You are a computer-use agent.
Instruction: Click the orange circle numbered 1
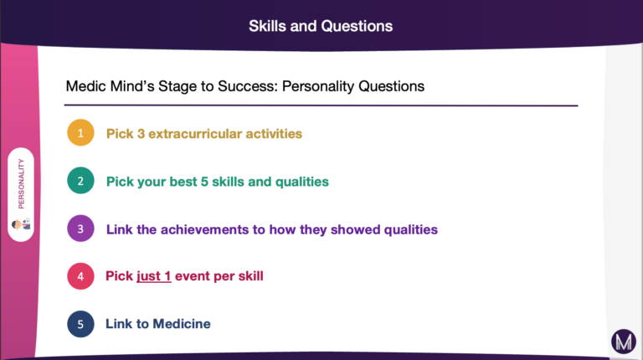pos(80,132)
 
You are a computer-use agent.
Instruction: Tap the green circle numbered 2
pos(80,180)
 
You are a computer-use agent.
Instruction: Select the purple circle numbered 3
pos(80,229)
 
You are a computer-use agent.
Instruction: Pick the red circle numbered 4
pos(80,276)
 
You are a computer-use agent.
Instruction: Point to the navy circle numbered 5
pos(80,324)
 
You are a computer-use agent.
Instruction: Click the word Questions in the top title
pos(357,26)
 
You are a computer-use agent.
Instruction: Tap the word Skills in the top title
pos(267,26)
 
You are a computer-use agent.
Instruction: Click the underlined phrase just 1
pos(154,276)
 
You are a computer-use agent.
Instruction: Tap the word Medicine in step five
pos(182,324)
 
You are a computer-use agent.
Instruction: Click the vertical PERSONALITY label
pos(21,183)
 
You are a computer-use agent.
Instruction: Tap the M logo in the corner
pos(624,342)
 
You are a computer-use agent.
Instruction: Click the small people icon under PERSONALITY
pos(21,224)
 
